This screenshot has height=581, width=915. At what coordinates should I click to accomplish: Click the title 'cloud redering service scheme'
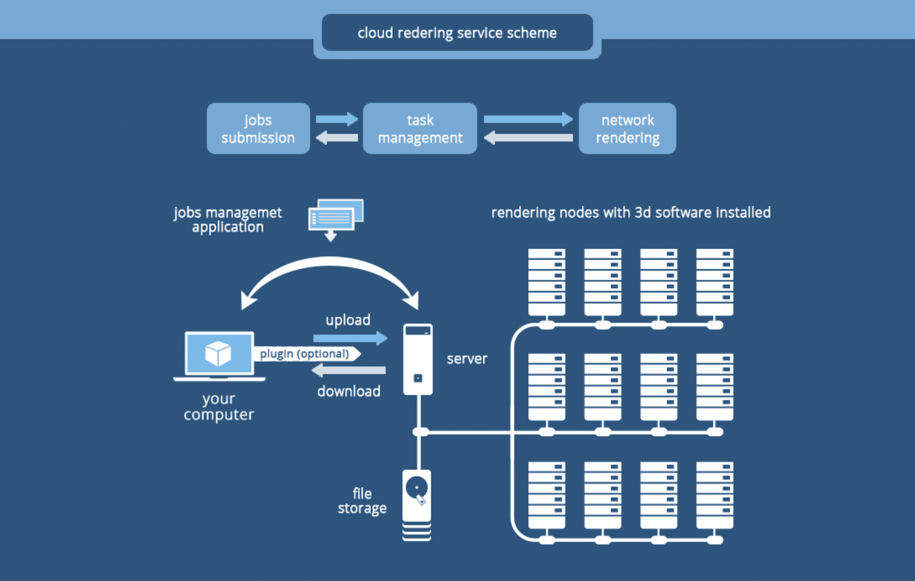457,33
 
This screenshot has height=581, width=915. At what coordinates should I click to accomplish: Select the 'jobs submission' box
258,129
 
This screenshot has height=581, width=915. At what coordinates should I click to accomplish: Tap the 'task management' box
420,129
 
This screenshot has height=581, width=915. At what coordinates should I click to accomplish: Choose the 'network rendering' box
627,129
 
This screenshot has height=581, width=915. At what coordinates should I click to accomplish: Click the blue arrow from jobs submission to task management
337,119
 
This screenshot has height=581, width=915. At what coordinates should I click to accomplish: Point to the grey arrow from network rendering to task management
528,137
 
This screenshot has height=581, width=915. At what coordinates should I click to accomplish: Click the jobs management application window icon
335,216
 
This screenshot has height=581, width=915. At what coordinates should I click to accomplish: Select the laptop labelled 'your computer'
219,356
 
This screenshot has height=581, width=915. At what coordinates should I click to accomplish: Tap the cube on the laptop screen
218,353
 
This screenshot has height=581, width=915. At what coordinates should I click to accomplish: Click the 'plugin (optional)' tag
306,354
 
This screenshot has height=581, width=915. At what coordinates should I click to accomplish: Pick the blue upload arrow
350,339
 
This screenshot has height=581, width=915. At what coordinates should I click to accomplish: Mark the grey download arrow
349,371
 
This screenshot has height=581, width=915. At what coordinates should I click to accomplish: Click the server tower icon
417,359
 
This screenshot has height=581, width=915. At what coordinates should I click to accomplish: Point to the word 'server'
467,359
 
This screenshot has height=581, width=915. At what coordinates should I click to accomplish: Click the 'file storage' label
362,501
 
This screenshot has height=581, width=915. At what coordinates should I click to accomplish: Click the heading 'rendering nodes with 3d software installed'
631,213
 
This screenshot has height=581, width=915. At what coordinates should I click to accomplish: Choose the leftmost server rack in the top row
547,282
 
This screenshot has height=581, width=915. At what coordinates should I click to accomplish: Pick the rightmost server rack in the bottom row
714,495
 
